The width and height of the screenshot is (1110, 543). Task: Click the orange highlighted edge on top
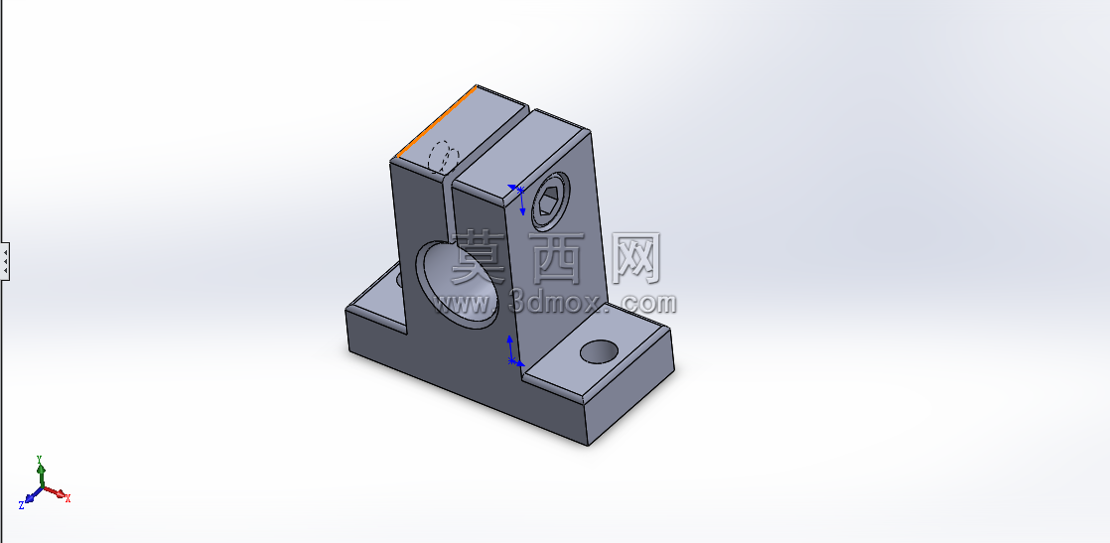point(436,122)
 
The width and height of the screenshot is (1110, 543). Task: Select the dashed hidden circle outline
point(444,157)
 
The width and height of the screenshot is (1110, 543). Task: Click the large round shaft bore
point(456,285)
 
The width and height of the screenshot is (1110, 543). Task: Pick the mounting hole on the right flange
point(599,351)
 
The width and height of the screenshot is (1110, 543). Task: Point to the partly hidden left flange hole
point(399,279)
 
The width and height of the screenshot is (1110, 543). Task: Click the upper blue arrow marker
point(518,199)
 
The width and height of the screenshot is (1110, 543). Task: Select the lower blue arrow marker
point(514,351)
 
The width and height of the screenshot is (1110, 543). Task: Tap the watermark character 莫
point(479,258)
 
